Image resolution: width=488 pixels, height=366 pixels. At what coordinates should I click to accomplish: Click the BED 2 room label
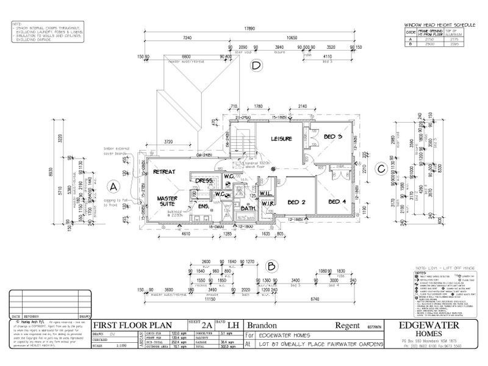coord(297,201)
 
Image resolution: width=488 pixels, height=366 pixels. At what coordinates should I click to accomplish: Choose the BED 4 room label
coord(337,201)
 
